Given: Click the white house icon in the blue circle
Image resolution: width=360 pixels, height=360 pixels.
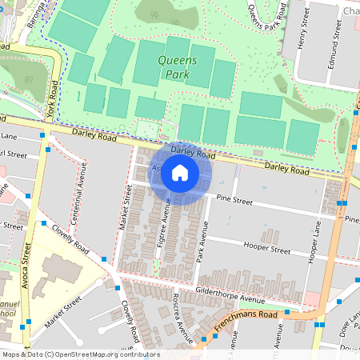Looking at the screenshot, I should tap(180, 173).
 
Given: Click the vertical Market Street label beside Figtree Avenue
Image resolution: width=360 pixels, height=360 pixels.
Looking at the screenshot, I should tap(126, 207).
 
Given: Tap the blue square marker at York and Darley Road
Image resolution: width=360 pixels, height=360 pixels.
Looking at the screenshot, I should tap(50, 149).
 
